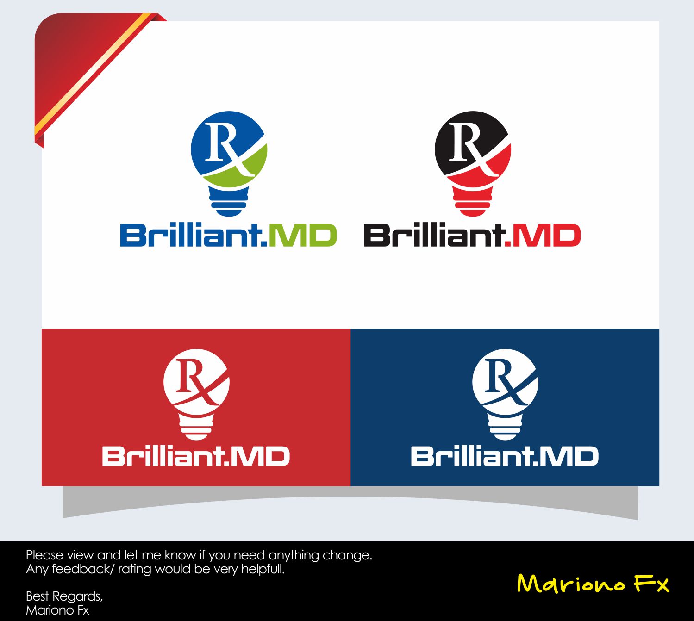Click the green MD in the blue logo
pos(302,236)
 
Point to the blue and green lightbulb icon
pos(229,162)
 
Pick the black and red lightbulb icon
pos(473,162)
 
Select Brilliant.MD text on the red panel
pos(196,456)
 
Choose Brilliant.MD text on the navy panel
pos(505,456)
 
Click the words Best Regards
pos(64,596)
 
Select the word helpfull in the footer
pos(263,569)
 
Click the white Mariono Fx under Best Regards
pos(57,610)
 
